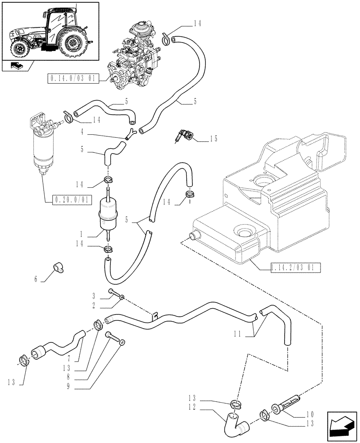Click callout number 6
coord(36,279)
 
